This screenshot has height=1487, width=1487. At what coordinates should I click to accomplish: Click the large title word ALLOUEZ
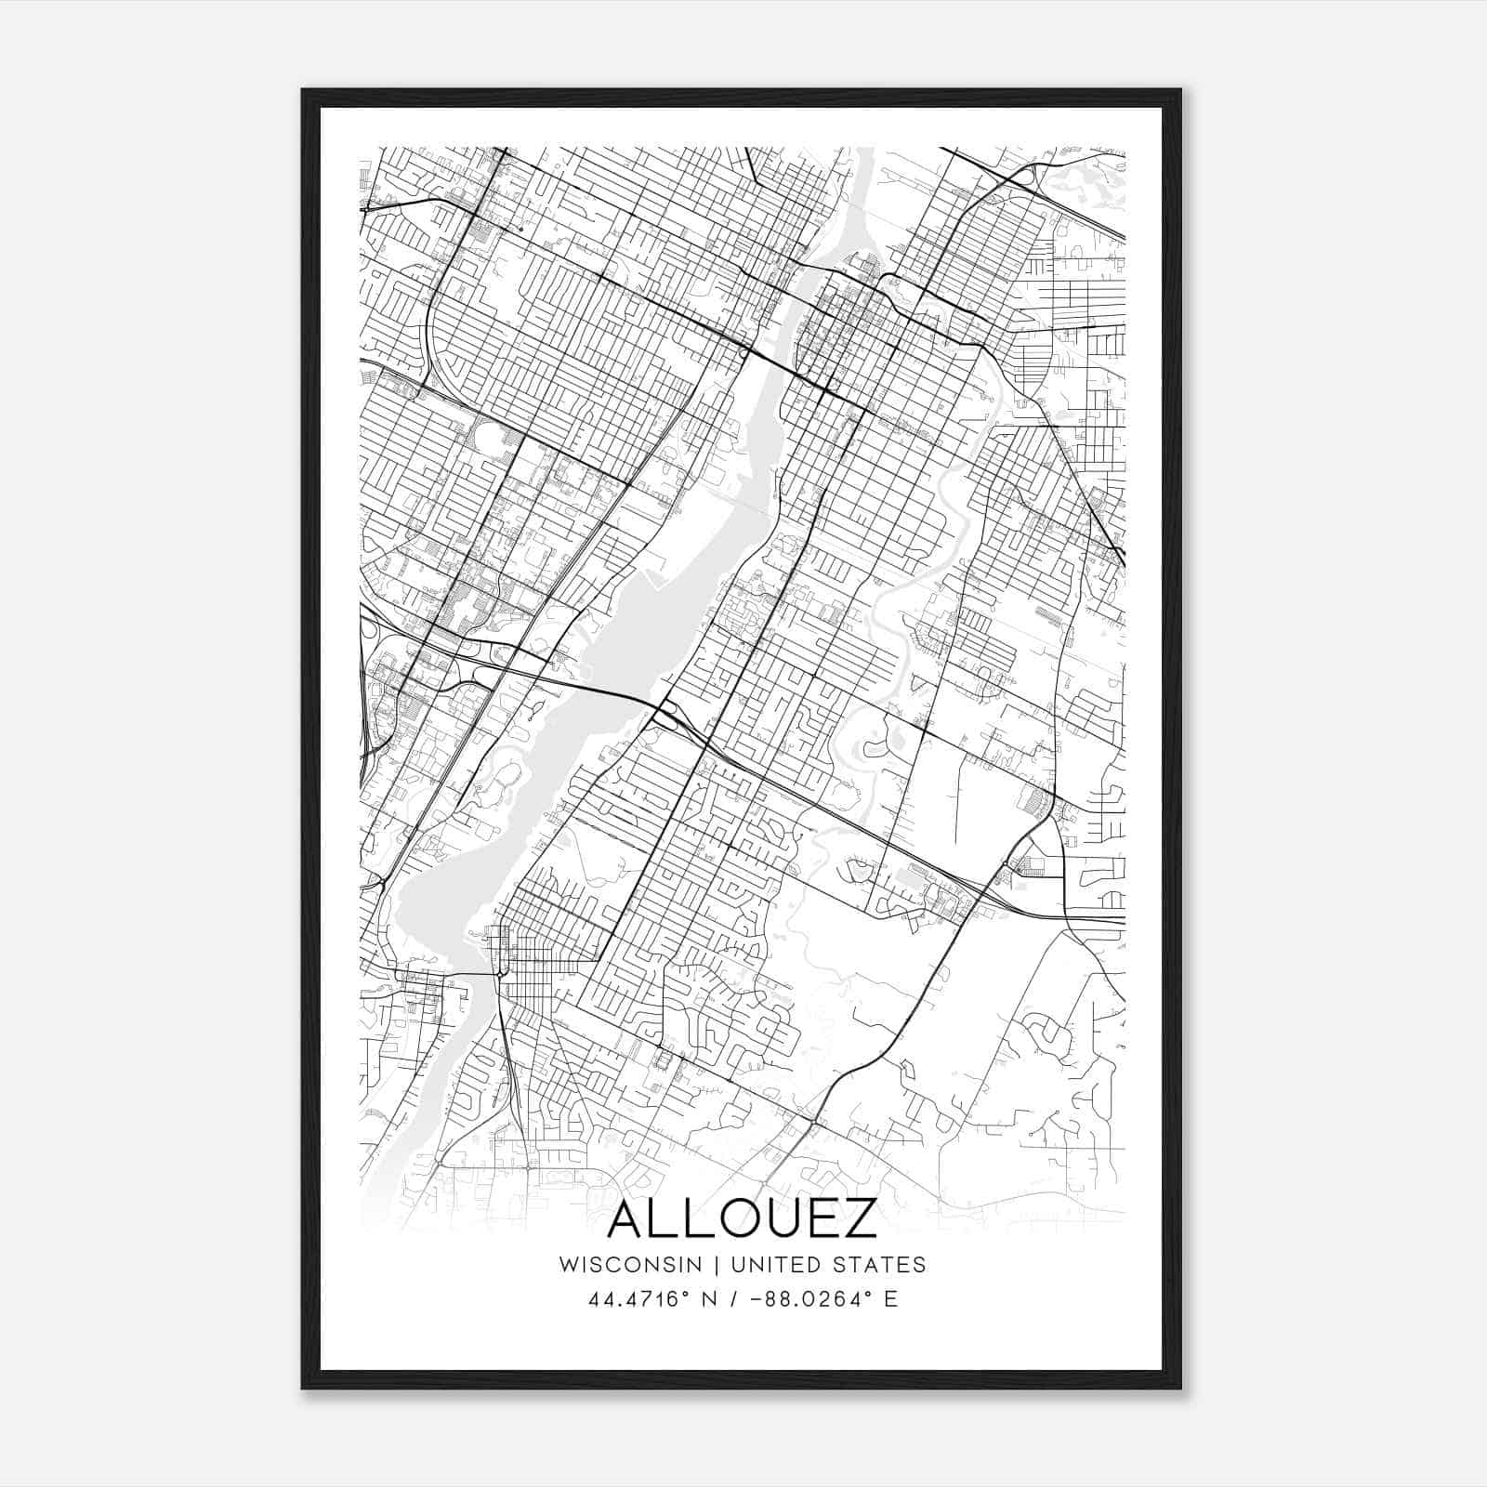coord(742,1220)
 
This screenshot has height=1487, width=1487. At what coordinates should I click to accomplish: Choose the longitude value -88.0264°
coord(808,1299)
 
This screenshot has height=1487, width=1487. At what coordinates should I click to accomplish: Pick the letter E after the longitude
coord(891,1299)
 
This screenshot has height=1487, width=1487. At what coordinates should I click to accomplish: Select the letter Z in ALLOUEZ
coord(858,1220)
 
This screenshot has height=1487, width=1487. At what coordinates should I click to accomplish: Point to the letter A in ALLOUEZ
coord(627,1220)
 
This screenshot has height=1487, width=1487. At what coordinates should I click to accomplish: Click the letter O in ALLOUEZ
coord(731,1220)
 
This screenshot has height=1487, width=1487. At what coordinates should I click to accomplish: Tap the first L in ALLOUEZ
coord(665,1220)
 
